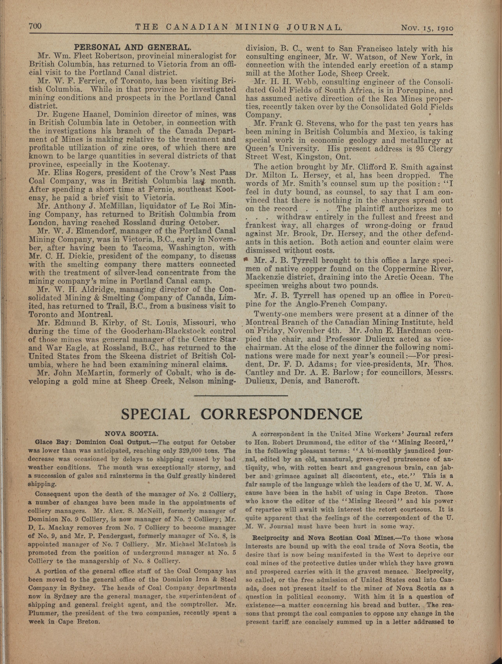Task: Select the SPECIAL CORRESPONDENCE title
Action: [x=242, y=414]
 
